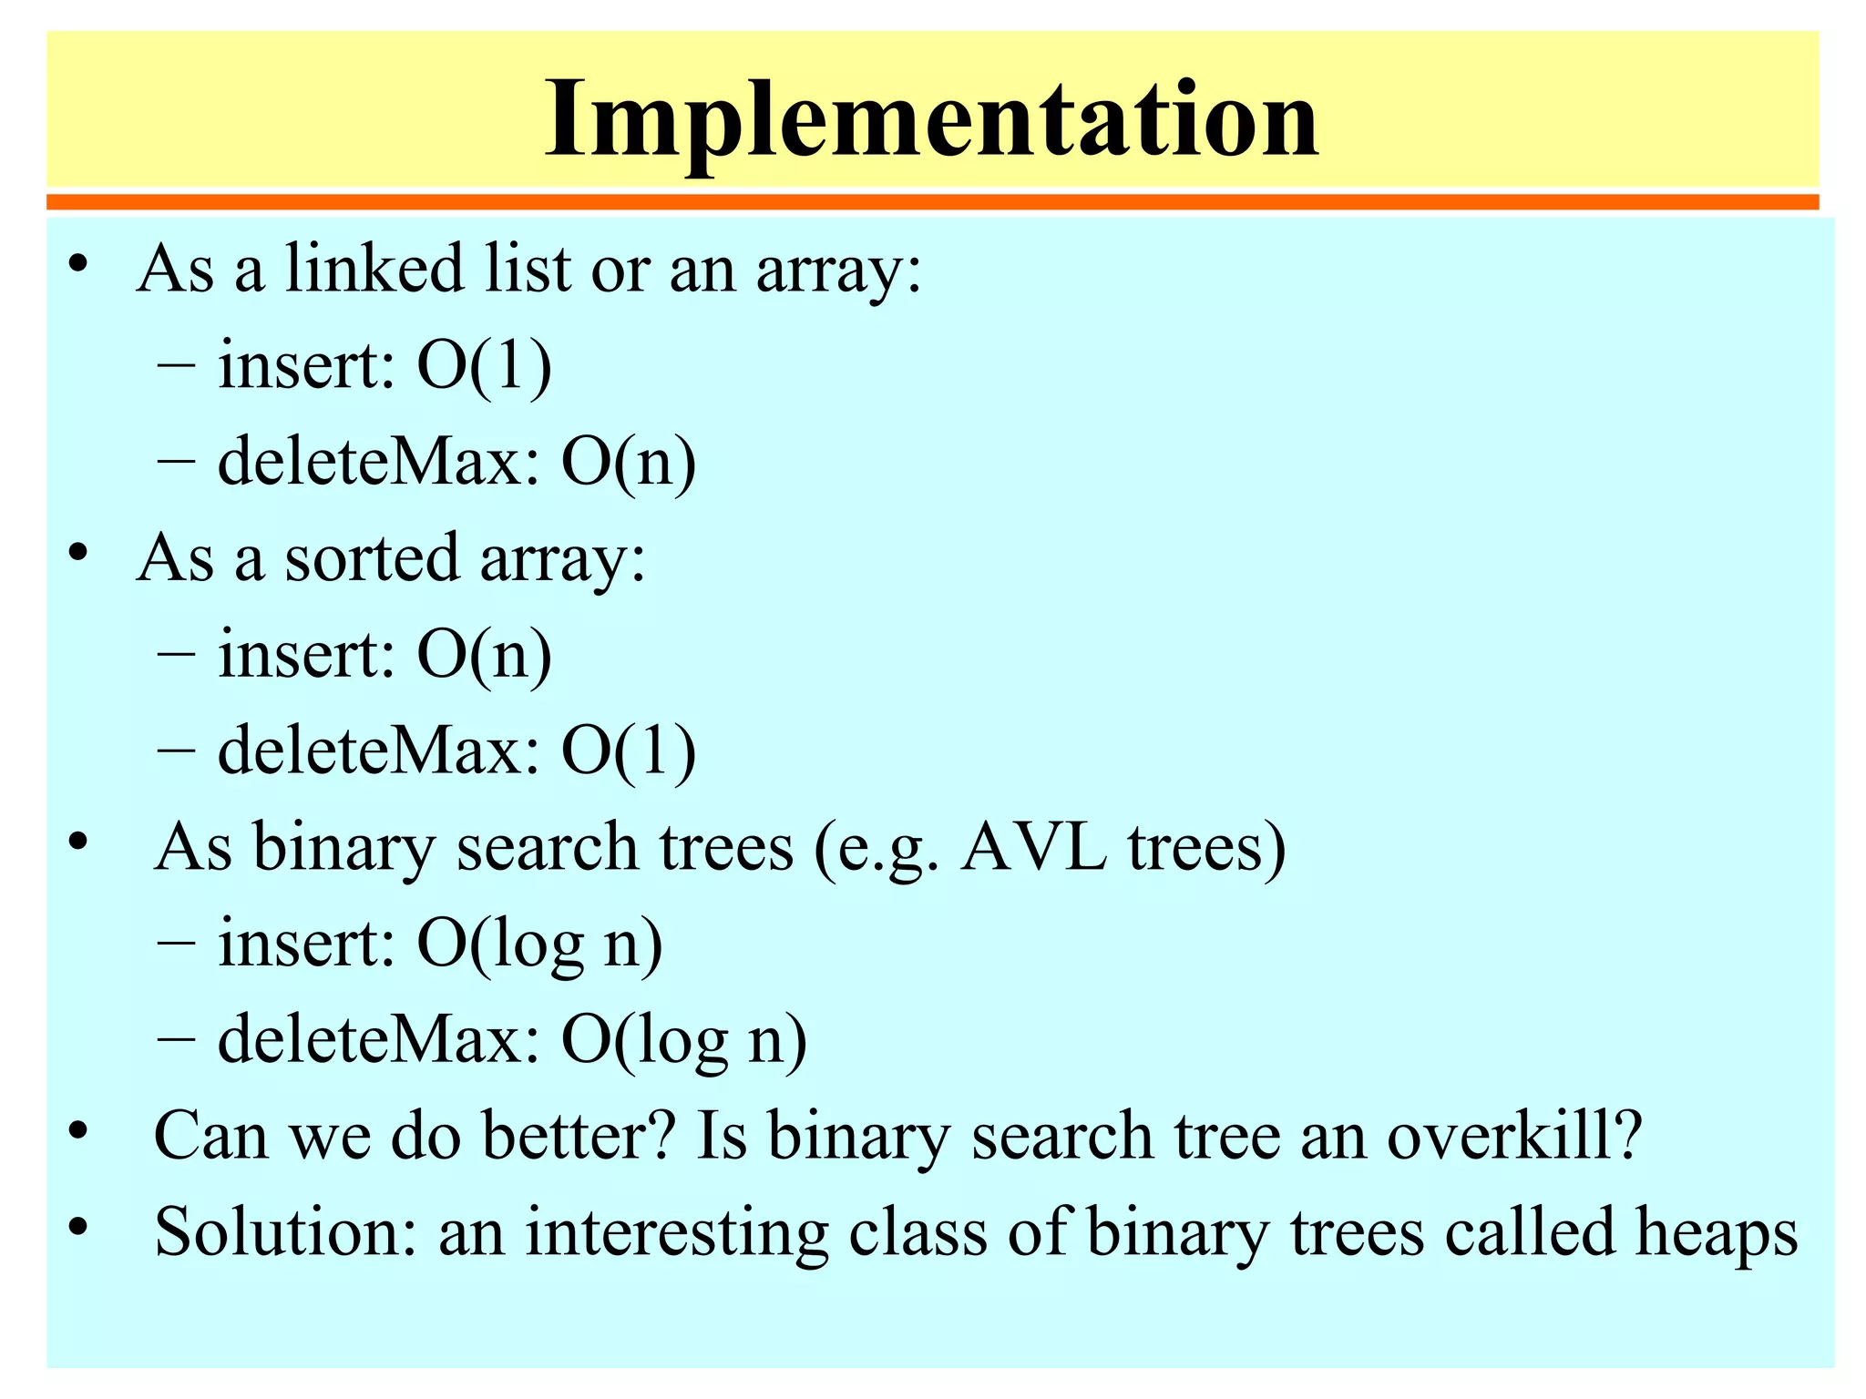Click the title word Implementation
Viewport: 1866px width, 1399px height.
click(x=931, y=118)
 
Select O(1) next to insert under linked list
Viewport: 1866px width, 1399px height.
click(x=484, y=365)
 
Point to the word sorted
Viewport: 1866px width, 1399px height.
click(x=372, y=557)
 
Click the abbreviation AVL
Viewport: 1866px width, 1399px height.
click(x=1033, y=847)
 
